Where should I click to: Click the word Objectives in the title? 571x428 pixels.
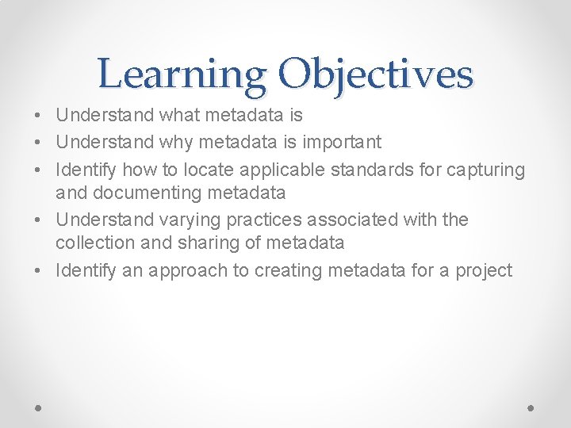point(376,75)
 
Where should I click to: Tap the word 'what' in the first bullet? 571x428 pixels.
point(180,116)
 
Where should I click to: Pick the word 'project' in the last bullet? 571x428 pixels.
point(484,270)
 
